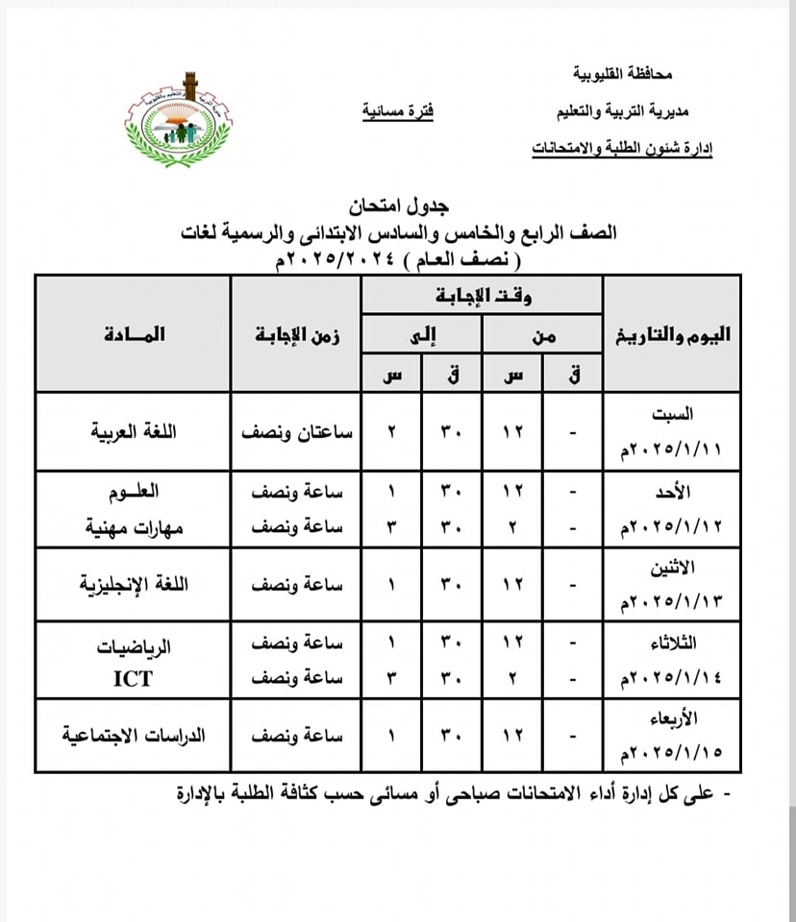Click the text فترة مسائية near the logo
[398, 111]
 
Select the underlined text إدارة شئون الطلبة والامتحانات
[622, 149]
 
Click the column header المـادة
[133, 334]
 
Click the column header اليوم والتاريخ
[671, 335]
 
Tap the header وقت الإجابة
[483, 294]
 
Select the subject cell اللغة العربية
[133, 432]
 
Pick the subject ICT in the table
[134, 678]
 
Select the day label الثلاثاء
[672, 642]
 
